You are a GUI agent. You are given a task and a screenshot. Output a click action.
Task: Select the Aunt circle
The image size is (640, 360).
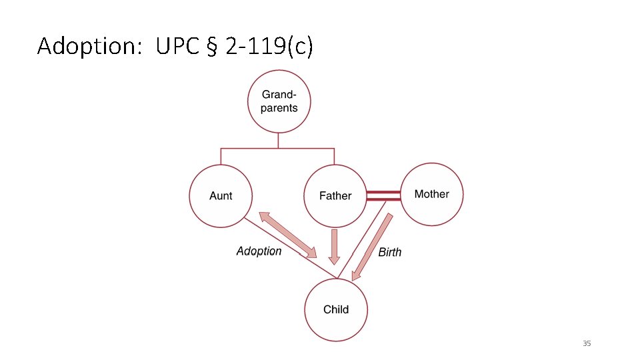(221, 195)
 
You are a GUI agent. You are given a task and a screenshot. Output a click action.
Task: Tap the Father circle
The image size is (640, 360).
(335, 196)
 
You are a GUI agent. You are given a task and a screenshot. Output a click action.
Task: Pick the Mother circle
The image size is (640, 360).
(431, 194)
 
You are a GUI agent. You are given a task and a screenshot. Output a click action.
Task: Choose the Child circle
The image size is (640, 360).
(336, 309)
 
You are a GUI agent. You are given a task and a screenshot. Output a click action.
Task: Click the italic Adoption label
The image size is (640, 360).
(259, 251)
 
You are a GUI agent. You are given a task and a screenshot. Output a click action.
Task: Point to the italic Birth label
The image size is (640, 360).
(390, 252)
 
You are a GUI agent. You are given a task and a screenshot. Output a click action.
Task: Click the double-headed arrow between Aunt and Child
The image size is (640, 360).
(287, 235)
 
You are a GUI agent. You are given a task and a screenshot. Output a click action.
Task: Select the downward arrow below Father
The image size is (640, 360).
(335, 246)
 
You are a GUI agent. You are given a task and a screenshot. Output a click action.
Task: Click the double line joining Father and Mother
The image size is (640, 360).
(383, 195)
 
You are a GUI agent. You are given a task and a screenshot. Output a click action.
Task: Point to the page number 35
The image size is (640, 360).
(587, 343)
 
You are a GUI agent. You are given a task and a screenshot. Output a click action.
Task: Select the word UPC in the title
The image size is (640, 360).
(178, 47)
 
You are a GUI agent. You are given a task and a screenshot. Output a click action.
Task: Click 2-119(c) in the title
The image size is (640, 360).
(269, 47)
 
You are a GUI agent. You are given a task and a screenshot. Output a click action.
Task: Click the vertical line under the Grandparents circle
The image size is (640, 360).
(279, 140)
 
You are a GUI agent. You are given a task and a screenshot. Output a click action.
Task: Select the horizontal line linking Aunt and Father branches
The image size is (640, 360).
(277, 148)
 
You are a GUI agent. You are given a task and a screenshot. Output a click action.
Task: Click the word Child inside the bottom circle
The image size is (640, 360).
(336, 309)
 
